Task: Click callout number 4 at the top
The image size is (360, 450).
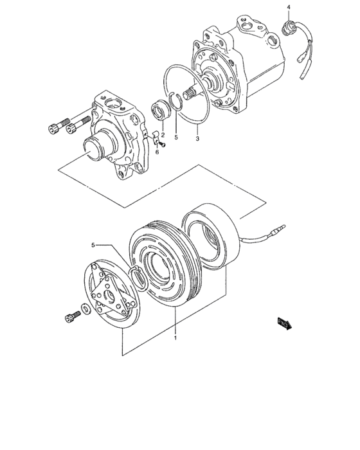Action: click(x=289, y=7)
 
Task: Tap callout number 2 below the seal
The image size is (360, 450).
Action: click(x=163, y=134)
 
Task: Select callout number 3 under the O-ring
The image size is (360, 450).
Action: click(x=197, y=139)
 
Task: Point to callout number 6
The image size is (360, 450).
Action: click(x=157, y=152)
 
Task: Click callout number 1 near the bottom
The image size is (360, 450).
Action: click(x=175, y=337)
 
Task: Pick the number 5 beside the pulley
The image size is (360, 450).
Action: click(x=93, y=245)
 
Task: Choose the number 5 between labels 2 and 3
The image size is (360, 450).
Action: click(x=176, y=138)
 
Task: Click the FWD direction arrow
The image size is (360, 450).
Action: click(x=285, y=324)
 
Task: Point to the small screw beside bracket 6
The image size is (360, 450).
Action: click(x=163, y=145)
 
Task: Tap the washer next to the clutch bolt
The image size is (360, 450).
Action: click(x=85, y=309)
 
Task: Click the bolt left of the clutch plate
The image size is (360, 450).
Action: click(x=72, y=316)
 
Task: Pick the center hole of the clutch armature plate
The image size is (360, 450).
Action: click(x=110, y=295)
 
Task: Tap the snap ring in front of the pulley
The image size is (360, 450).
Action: click(x=139, y=278)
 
